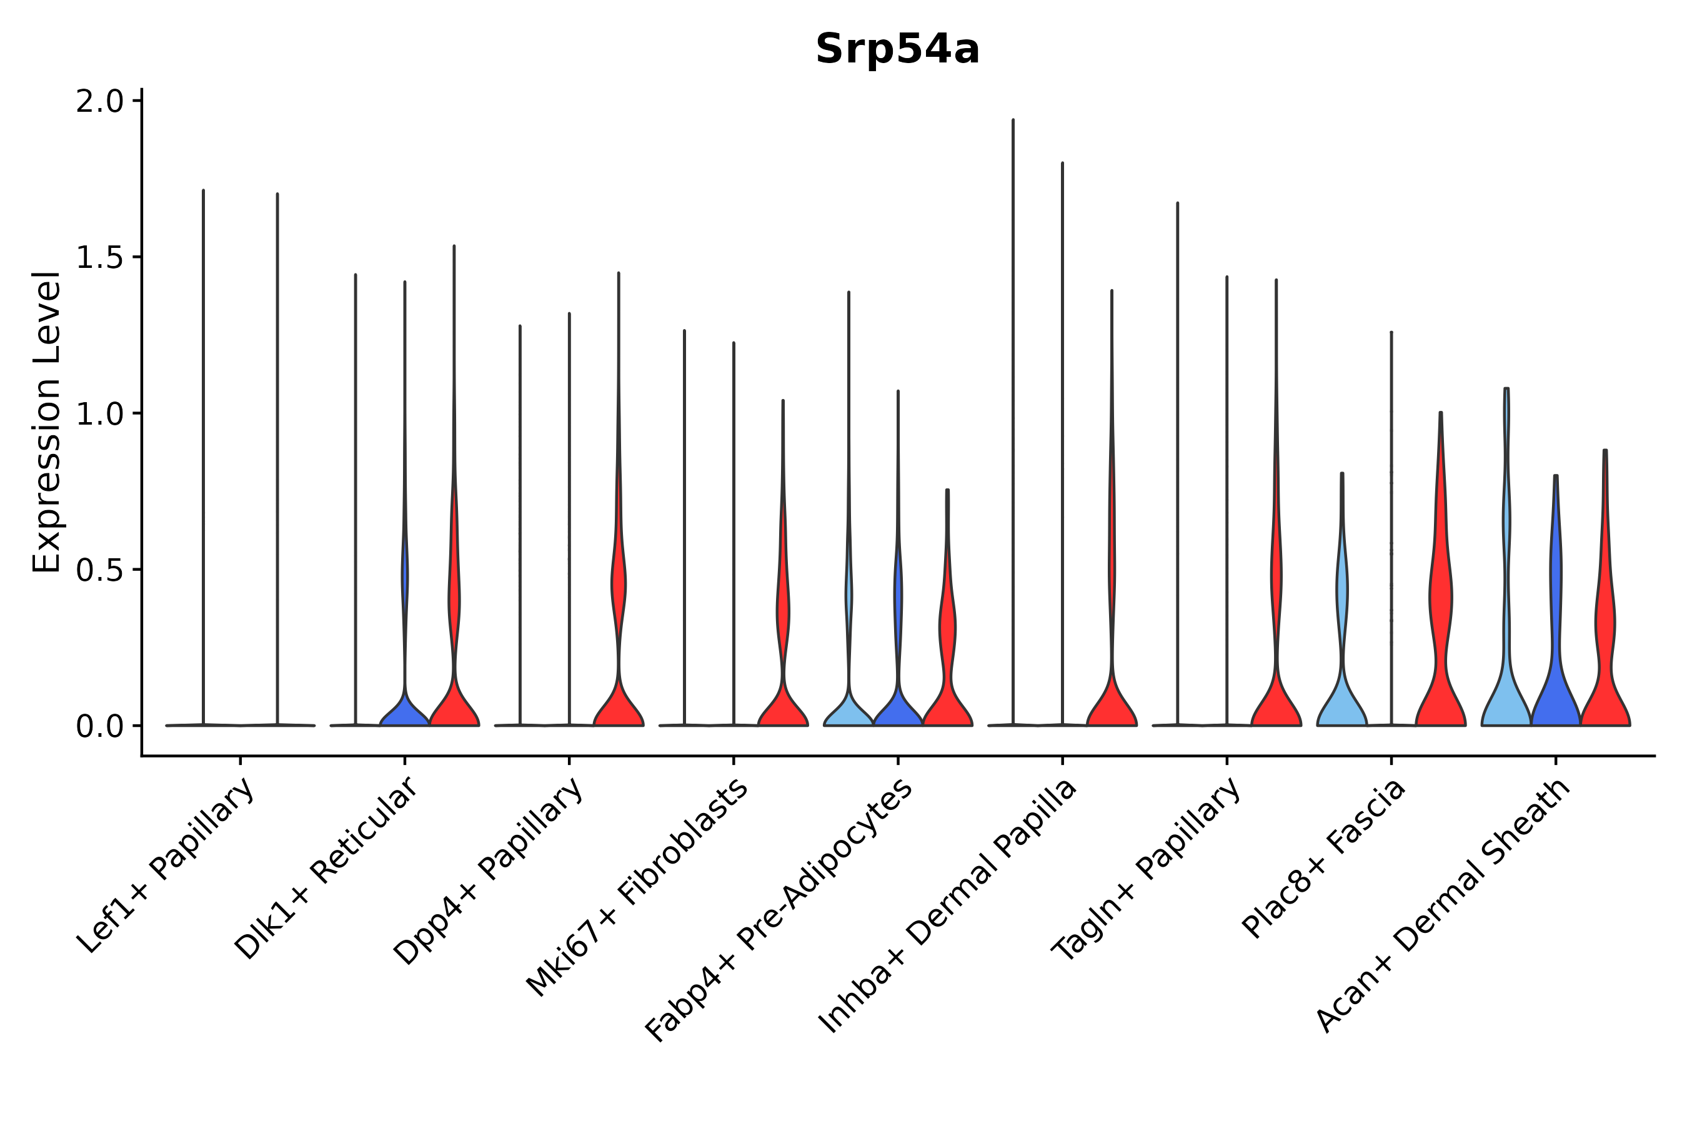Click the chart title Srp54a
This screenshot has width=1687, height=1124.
(897, 49)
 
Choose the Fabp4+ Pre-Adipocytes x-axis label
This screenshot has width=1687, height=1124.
(779, 910)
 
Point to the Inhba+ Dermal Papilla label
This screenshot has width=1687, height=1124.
(947, 906)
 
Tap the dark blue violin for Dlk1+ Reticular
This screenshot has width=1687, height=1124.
(404, 712)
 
